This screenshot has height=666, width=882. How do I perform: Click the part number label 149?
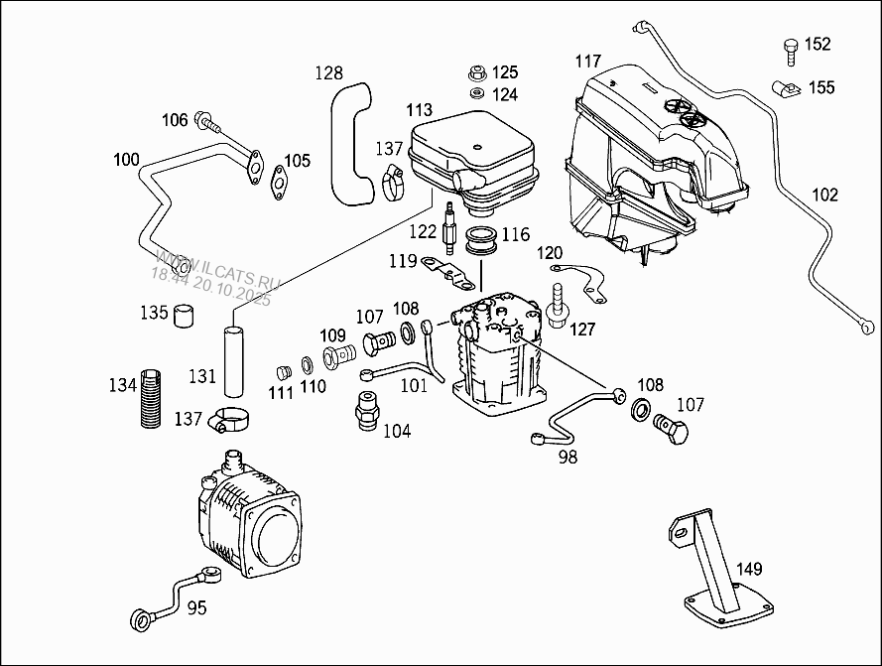[x=749, y=569]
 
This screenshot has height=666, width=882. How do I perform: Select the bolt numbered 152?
[x=791, y=53]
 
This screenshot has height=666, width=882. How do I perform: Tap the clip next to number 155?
[x=786, y=89]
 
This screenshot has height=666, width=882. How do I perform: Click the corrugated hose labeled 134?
[x=150, y=398]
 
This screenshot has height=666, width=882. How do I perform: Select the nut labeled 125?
[x=477, y=72]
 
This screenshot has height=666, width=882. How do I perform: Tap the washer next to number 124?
[x=477, y=93]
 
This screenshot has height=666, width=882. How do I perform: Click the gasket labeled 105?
[x=279, y=183]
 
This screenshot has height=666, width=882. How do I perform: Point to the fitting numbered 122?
[x=448, y=227]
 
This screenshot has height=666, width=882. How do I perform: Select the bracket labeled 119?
[x=447, y=274]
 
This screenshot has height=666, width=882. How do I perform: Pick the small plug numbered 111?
[x=285, y=372]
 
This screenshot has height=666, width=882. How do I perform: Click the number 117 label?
[x=587, y=61]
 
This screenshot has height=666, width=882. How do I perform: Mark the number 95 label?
[x=196, y=608]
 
